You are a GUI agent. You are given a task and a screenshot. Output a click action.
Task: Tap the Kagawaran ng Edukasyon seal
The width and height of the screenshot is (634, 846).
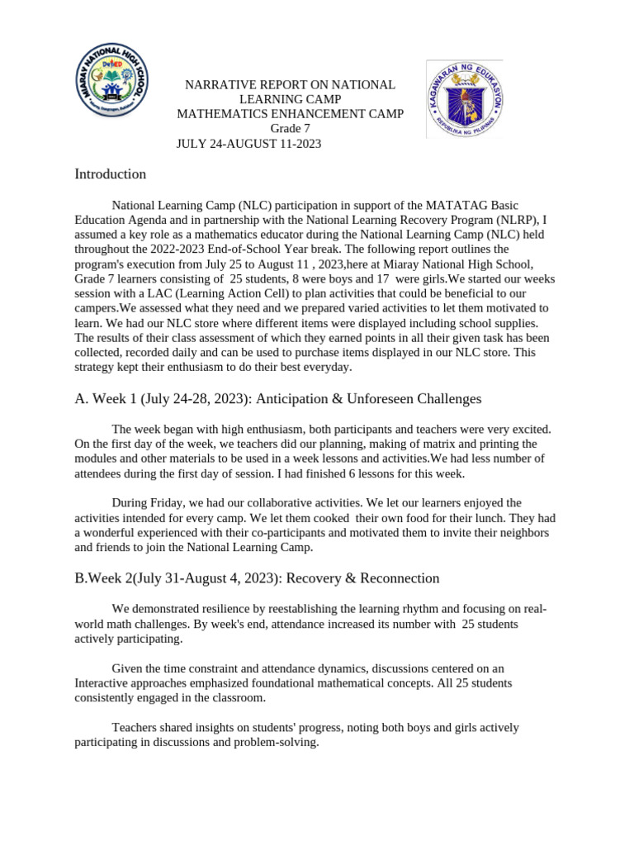click(x=463, y=98)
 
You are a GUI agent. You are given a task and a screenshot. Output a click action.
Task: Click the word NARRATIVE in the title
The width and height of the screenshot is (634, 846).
click(x=215, y=85)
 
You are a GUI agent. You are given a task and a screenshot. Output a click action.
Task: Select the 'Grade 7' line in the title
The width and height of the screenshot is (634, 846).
click(x=291, y=129)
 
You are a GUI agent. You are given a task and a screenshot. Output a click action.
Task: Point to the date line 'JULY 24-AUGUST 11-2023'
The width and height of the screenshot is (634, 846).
click(x=248, y=144)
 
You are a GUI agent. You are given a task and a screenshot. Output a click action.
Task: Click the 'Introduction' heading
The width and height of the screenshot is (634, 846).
click(x=110, y=174)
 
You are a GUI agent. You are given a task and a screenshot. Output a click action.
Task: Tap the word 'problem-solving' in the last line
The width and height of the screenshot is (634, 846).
click(x=277, y=742)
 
